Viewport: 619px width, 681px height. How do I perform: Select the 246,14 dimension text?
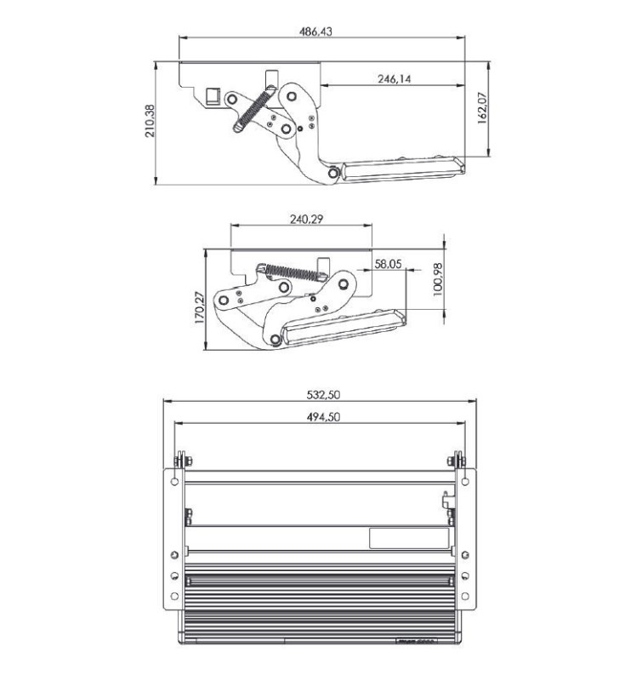pyautogui.click(x=394, y=78)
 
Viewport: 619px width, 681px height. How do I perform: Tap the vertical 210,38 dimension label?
pyautogui.click(x=150, y=122)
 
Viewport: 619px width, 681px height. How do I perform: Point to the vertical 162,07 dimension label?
pyautogui.click(x=482, y=109)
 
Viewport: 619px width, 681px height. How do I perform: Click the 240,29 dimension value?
pyautogui.click(x=304, y=219)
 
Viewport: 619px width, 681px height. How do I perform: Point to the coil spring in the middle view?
pyautogui.click(x=293, y=272)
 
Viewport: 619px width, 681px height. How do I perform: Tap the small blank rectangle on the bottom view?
pyautogui.click(x=408, y=537)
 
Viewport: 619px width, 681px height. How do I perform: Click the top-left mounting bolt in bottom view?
pyautogui.click(x=179, y=461)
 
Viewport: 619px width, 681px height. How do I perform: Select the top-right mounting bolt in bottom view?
pyautogui.click(x=458, y=461)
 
